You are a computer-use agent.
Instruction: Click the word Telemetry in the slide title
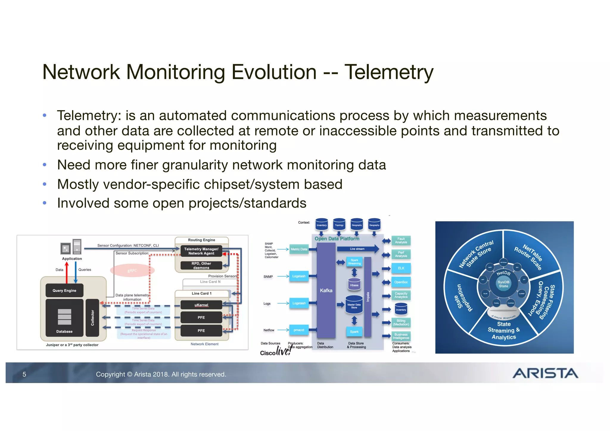389,72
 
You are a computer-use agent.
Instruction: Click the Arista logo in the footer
545,373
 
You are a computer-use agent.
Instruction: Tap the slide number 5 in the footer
24,374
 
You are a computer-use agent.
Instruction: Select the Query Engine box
64,291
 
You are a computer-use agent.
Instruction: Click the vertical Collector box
92,318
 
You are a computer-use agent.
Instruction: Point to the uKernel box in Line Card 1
201,305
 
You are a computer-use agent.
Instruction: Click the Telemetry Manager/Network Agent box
201,251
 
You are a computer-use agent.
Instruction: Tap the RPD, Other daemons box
201,265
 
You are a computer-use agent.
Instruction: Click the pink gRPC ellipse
132,270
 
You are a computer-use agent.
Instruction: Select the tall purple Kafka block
326,290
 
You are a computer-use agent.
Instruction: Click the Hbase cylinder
354,284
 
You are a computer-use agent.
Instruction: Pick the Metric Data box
299,249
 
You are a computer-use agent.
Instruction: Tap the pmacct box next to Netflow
299,330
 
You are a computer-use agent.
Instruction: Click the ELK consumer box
401,268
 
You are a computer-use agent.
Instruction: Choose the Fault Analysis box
401,241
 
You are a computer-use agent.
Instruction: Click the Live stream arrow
357,249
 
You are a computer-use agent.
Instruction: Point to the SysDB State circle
503,284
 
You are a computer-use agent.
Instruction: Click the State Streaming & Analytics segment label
504,330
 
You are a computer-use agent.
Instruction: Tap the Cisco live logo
275,352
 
